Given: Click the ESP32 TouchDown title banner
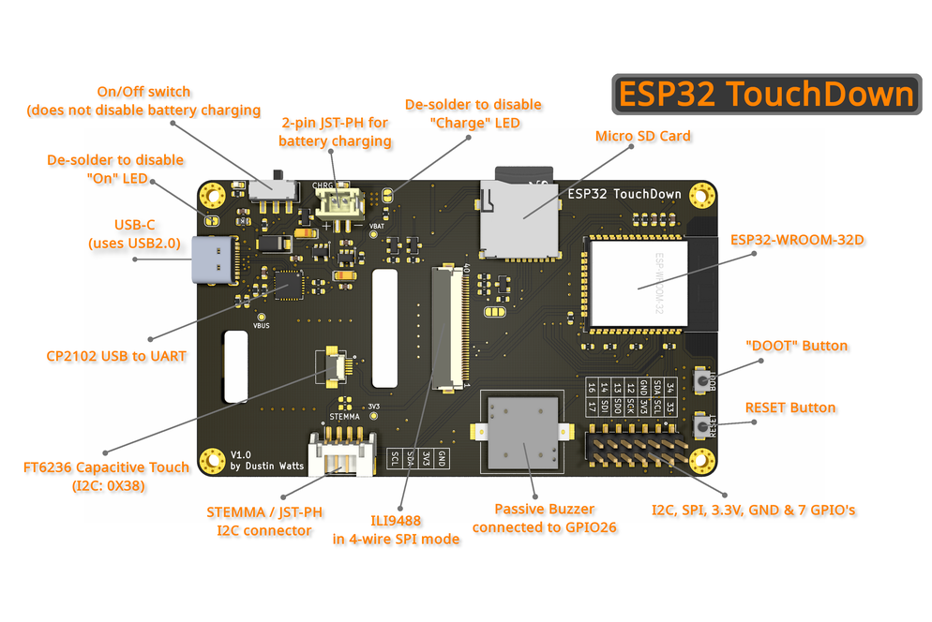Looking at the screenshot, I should tap(766, 95).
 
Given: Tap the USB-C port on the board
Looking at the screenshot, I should tap(214, 261).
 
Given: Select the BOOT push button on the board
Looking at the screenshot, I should tap(701, 379).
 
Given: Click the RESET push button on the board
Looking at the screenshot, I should tap(701, 428).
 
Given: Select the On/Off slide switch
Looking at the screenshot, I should tap(274, 185).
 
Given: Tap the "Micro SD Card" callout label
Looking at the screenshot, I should tap(643, 136).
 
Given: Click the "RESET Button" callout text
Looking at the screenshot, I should tap(789, 407).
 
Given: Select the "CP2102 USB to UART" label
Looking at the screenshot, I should tap(116, 356).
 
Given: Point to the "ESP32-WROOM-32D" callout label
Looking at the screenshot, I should tap(797, 239).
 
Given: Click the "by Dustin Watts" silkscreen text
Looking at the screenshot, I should tap(266, 466).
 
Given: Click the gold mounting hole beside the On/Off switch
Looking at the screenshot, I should tap(214, 195).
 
